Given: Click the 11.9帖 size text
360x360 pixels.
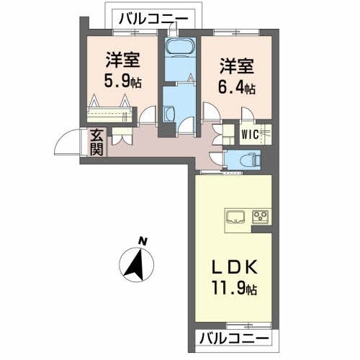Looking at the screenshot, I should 232,289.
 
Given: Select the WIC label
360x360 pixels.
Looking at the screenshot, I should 250,134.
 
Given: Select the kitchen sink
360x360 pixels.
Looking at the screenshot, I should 237,216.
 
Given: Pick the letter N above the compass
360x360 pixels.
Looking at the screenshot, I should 144,240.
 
